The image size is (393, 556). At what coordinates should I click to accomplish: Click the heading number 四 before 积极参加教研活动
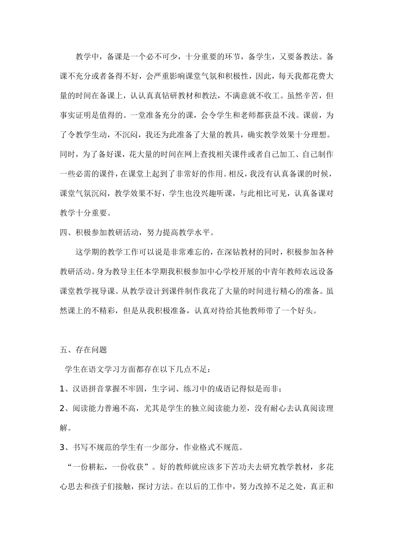pos(64,232)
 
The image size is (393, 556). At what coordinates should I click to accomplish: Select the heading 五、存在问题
pos(83,350)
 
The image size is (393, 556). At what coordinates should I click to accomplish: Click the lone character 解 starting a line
pos(64,428)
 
